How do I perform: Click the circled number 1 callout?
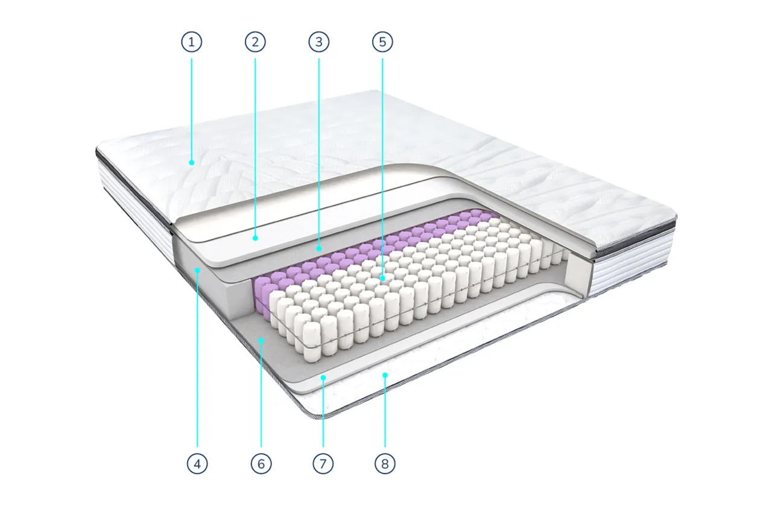point(192,42)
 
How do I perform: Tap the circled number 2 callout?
point(255,42)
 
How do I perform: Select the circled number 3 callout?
point(319,42)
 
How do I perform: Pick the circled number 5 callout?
point(382,42)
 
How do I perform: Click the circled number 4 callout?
point(197,464)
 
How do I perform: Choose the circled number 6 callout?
point(261,464)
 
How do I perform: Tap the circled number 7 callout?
point(323,464)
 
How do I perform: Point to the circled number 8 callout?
point(385,464)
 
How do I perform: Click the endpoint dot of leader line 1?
point(192,163)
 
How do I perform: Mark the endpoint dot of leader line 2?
point(255,238)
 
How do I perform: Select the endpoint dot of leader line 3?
point(319,248)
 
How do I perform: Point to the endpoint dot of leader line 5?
point(382,278)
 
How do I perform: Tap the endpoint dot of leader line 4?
point(197,271)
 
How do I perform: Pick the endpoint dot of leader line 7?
point(323,378)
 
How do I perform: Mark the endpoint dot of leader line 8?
point(385,375)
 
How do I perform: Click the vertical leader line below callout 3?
point(319,153)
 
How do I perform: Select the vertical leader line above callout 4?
point(197,359)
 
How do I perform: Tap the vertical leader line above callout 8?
point(385,411)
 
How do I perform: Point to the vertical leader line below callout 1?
point(192,110)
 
